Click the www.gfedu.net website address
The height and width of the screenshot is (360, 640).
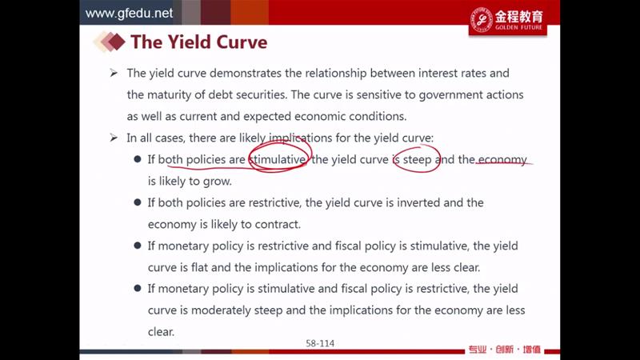(129, 13)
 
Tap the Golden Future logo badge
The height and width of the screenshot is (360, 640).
(508, 21)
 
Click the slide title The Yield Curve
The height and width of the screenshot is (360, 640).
(198, 42)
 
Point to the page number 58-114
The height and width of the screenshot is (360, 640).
(320, 343)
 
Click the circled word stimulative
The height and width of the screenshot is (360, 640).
(278, 159)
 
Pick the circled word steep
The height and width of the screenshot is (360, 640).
(417, 159)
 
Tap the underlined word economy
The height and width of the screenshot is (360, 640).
(502, 159)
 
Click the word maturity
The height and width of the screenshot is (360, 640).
(169, 95)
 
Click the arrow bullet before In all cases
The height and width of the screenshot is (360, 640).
(114, 138)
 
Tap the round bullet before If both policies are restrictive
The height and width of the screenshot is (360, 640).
(138, 202)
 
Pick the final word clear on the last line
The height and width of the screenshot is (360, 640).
(161, 331)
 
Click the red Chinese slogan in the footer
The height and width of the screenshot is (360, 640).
(505, 350)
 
